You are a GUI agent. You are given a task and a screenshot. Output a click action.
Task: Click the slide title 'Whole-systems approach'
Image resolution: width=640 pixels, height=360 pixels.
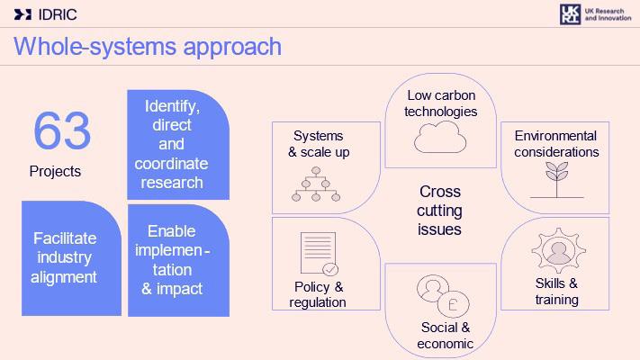(148, 46)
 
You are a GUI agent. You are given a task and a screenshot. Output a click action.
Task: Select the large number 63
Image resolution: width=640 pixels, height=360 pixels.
(62, 131)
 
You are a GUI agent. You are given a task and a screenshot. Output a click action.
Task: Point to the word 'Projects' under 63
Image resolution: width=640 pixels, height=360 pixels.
(55, 171)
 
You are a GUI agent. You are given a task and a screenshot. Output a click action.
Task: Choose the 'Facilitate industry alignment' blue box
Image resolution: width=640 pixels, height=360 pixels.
(65, 258)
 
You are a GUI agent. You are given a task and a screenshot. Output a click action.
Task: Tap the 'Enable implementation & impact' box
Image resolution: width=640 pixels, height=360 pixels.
(178, 260)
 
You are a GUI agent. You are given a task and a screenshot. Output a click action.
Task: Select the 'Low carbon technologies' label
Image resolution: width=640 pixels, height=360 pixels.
(440, 103)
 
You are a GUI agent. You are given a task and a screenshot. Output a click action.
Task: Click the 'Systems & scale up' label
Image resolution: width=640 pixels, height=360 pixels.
(319, 143)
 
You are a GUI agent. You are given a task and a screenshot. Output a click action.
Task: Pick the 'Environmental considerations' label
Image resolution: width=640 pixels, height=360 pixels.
(556, 143)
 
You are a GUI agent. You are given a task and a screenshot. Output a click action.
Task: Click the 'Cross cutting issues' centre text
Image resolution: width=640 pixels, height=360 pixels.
(440, 211)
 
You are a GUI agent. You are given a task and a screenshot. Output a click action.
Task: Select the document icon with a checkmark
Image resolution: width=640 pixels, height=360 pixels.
(319, 255)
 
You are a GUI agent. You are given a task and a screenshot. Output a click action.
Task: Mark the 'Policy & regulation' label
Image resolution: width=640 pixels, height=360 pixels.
(319, 294)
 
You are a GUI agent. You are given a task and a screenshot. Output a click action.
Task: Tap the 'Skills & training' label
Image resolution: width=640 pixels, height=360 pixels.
(556, 291)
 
